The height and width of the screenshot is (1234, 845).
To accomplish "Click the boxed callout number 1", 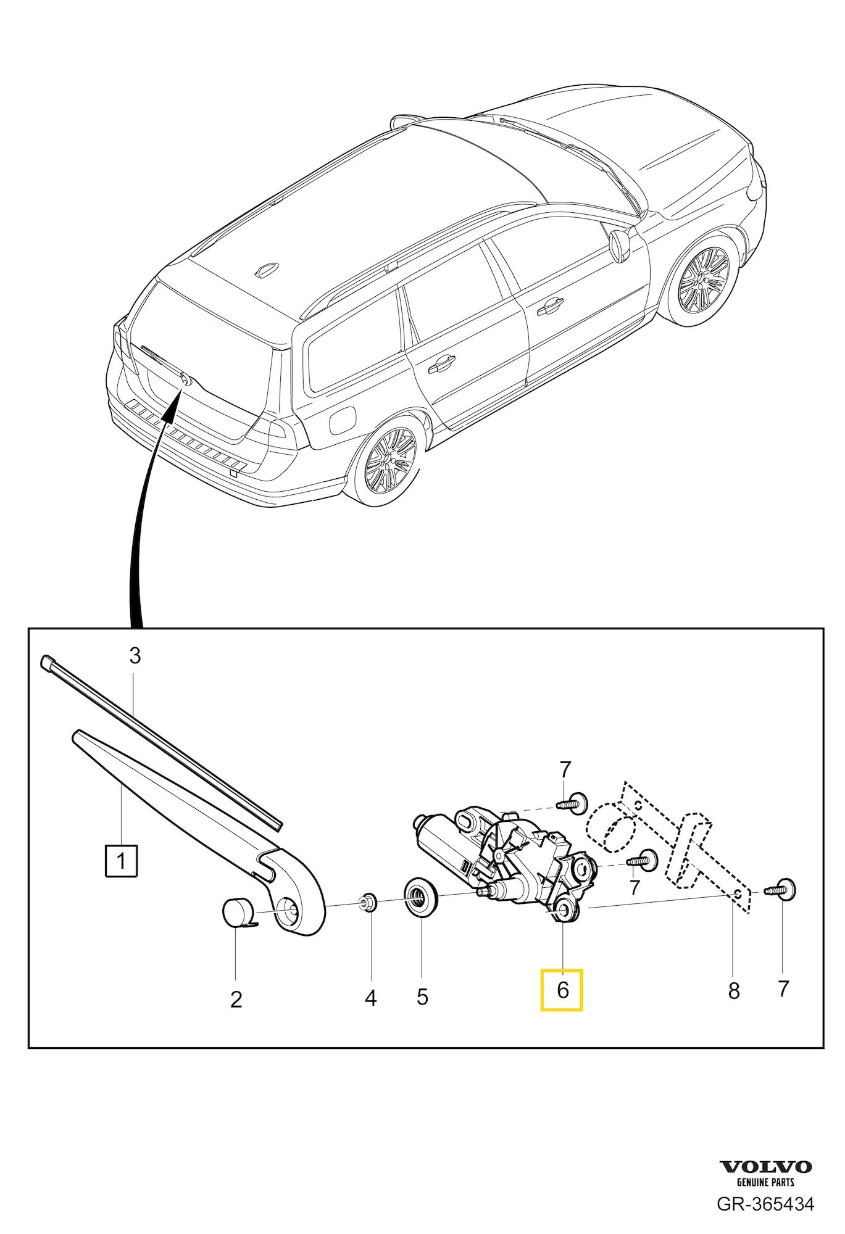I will (121, 861).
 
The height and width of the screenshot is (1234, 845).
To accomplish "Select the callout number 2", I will (236, 999).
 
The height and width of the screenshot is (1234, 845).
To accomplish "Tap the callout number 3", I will (135, 656).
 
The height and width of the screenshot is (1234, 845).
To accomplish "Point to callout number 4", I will (370, 998).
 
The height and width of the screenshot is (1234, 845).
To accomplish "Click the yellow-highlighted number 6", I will (562, 990).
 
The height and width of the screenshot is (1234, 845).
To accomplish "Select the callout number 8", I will (733, 992).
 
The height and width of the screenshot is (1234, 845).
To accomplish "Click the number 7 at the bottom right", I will (783, 989).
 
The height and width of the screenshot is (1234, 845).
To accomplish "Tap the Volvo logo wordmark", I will (766, 1166).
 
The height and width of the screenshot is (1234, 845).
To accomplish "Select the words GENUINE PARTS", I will (766, 1182).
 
